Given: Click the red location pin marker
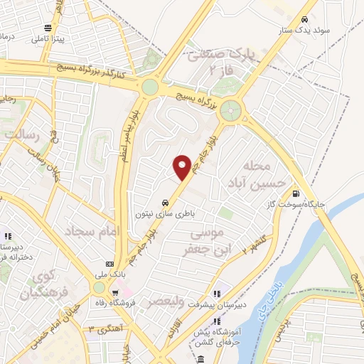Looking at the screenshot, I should click(183, 167).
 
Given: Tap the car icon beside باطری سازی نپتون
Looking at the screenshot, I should click(165, 202).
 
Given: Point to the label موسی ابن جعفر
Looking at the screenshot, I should click(205, 241).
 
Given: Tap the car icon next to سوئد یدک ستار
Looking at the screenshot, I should click(304, 19).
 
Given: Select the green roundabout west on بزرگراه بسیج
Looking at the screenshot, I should click(150, 87).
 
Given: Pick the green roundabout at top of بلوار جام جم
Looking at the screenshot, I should click(231, 110).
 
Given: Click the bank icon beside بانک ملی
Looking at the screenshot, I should click(109, 262).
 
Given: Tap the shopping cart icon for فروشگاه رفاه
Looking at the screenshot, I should click(115, 293).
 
